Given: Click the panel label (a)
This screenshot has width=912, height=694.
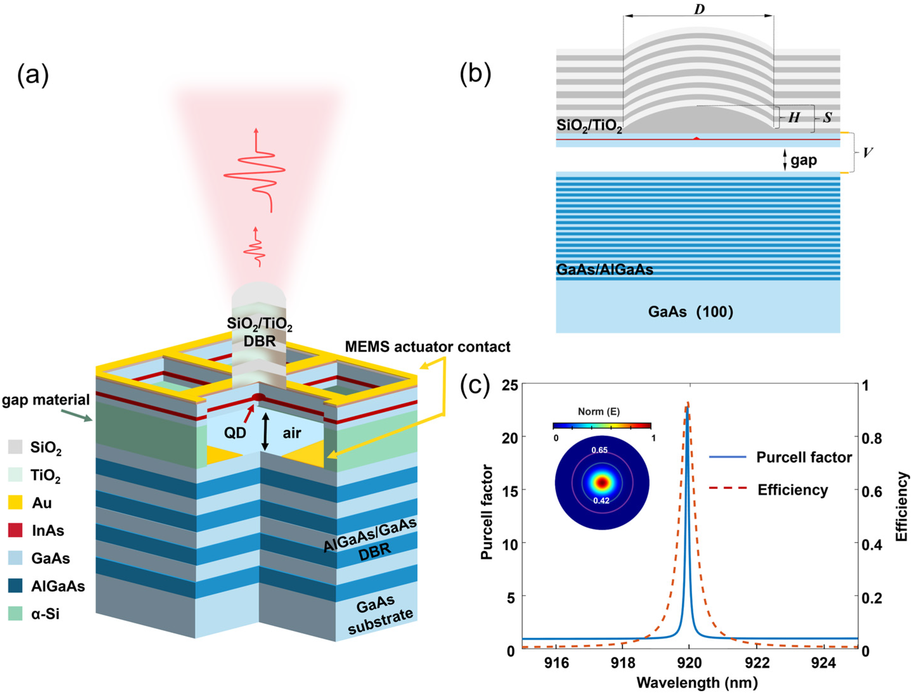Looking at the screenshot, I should [x=33, y=76].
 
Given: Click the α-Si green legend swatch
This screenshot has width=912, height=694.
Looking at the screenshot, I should [x=15, y=614].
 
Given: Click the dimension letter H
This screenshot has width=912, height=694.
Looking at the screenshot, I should [x=793, y=118].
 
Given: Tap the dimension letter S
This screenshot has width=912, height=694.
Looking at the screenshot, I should [x=827, y=118].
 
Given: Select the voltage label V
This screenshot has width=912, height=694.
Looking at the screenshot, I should [x=868, y=153].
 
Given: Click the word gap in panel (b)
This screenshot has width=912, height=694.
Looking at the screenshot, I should [x=803, y=160].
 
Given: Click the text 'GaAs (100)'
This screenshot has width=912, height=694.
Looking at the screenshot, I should [x=690, y=312].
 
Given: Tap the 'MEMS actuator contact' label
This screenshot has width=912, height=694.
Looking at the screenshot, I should [x=428, y=347].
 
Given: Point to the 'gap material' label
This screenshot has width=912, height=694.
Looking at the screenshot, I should [x=45, y=400].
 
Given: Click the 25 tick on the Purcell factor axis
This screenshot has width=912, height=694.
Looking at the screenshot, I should [x=509, y=385].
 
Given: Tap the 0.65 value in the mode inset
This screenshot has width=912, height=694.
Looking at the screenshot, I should [x=599, y=450].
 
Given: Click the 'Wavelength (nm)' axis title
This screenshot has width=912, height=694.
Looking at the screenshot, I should [x=697, y=683].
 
